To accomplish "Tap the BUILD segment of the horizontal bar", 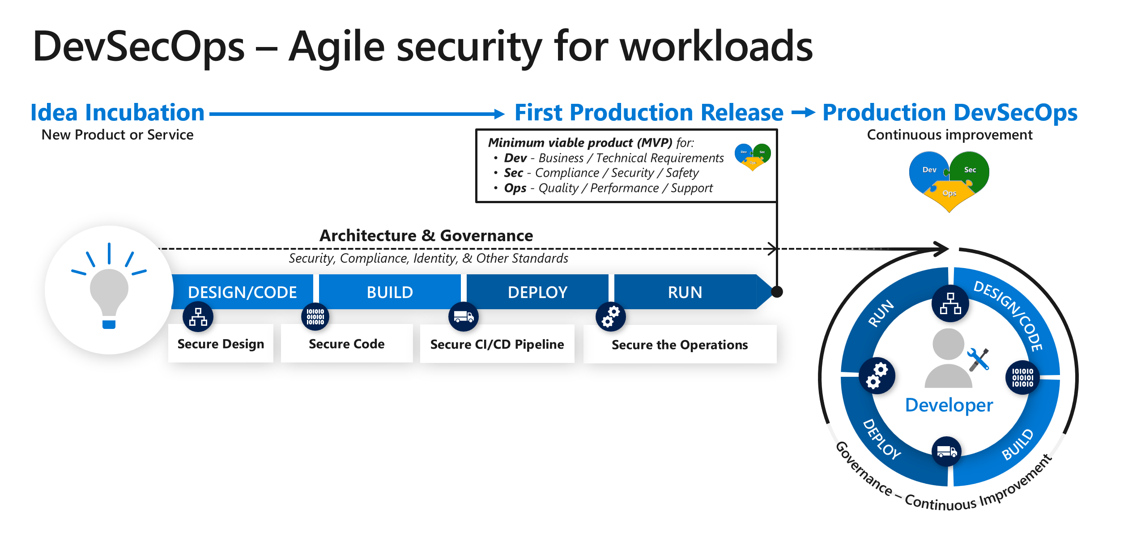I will pyautogui.click(x=390, y=292).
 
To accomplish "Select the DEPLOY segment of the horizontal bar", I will pyautogui.click(x=537, y=292).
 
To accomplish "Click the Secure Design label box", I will pyautogui.click(x=221, y=344).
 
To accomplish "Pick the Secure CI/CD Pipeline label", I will pyautogui.click(x=497, y=344).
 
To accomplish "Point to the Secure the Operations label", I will pyautogui.click(x=679, y=345).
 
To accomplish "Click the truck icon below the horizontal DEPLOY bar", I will pyautogui.click(x=464, y=317).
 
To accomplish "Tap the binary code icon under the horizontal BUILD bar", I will pyautogui.click(x=315, y=317).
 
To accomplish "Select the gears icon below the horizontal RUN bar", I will pyautogui.click(x=610, y=317).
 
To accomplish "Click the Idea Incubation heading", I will pyautogui.click(x=117, y=112).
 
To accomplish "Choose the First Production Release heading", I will pyautogui.click(x=649, y=112).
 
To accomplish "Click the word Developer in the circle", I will pyautogui.click(x=949, y=405).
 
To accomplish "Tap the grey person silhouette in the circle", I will pyautogui.click(x=948, y=358).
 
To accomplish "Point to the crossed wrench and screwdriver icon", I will pyautogui.click(x=978, y=359).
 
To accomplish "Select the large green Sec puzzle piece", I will pyautogui.click(x=970, y=170).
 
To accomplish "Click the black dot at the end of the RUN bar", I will pyautogui.click(x=777, y=292).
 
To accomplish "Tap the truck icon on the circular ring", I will pyautogui.click(x=946, y=452).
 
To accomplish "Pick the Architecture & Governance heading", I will pyautogui.click(x=426, y=235).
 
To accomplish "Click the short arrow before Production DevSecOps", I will pyautogui.click(x=803, y=113).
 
